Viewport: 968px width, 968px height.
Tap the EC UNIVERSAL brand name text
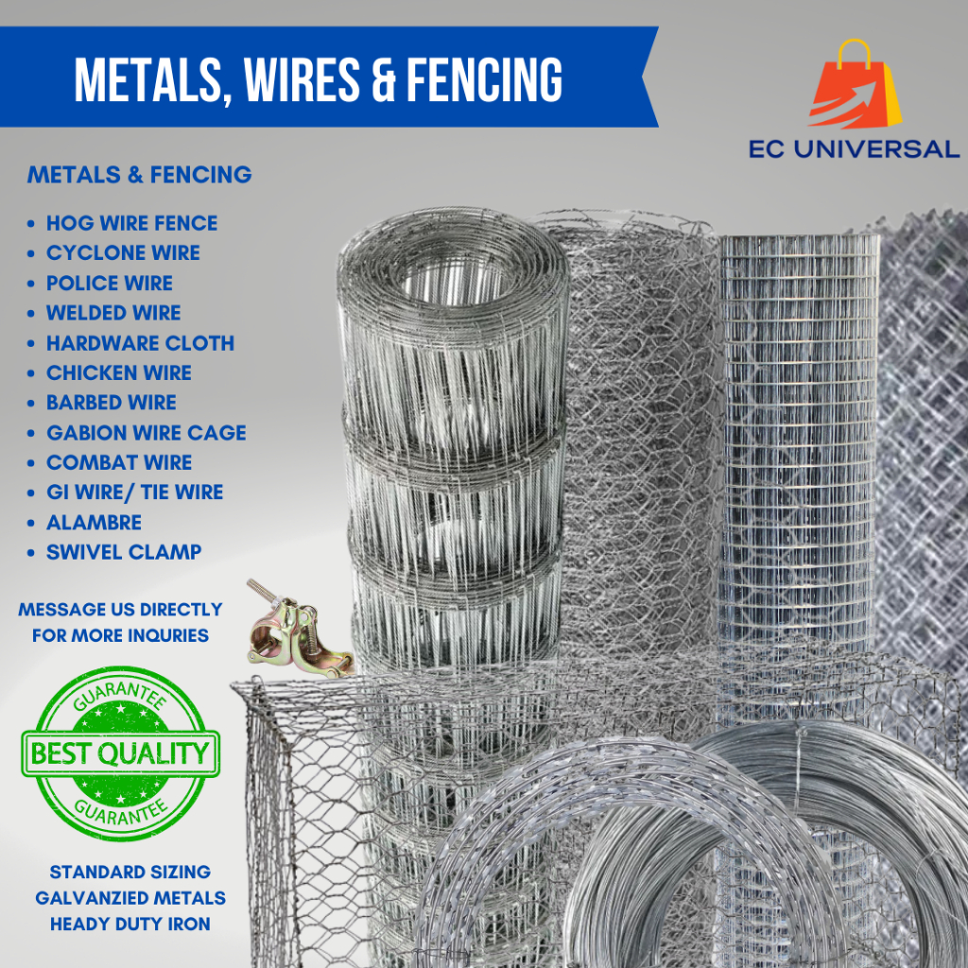[854, 148]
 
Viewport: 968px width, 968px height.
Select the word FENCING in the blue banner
[484, 79]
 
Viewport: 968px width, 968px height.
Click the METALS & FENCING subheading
[140, 175]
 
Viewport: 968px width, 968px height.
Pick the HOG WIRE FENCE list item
[132, 223]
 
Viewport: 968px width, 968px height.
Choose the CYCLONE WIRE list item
[124, 252]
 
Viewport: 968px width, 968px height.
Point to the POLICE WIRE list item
[110, 283]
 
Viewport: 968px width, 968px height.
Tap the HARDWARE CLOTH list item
[141, 342]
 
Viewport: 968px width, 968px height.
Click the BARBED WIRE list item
[112, 403]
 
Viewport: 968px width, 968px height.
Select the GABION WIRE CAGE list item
[147, 432]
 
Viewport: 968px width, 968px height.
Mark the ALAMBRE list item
[94, 522]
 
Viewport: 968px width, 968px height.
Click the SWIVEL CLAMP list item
[124, 552]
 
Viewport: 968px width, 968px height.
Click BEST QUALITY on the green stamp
[120, 753]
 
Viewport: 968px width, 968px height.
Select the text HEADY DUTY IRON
[130, 924]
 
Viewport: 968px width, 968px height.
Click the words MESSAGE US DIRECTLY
[120, 610]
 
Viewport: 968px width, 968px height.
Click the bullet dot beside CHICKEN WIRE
[31, 373]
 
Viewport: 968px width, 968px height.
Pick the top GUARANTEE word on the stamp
[120, 695]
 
